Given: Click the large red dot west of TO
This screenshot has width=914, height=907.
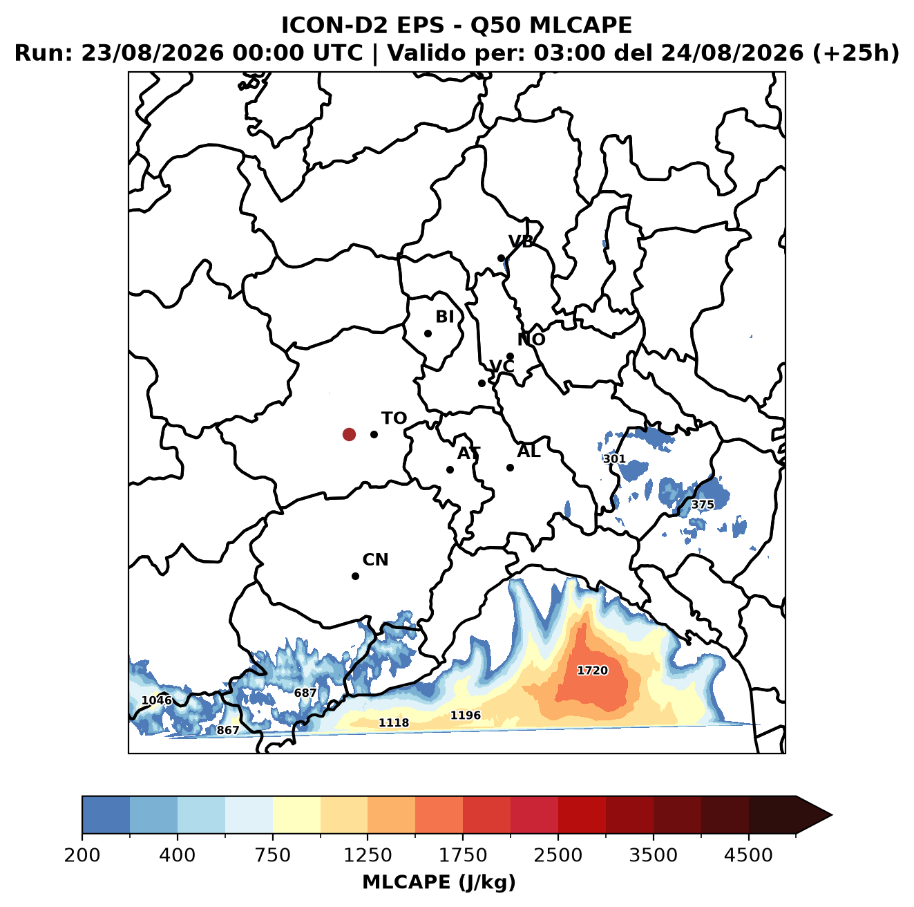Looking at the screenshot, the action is (x=349, y=434).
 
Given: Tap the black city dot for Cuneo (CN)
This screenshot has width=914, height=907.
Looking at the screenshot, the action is (x=355, y=576).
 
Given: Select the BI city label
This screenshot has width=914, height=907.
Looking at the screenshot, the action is (x=445, y=317).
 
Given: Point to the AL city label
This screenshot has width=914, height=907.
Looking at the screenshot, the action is (x=529, y=451).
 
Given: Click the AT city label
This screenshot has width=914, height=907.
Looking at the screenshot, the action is (x=468, y=453).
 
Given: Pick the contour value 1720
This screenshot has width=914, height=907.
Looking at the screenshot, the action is (x=593, y=670).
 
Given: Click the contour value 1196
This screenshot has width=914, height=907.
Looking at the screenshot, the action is (x=466, y=715).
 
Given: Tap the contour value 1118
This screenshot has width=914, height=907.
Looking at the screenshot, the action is (x=394, y=722).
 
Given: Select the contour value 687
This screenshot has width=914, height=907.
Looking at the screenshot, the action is (x=305, y=693).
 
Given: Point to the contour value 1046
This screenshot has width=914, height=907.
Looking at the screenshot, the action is (x=157, y=700).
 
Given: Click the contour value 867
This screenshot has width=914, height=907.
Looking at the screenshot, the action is (x=228, y=730).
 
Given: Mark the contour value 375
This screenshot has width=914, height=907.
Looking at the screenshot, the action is (x=703, y=505).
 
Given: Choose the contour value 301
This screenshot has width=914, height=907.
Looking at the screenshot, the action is (x=614, y=459).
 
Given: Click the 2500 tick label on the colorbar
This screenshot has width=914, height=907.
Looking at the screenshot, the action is (x=558, y=855).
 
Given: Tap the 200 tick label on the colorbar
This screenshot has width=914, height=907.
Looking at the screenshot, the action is (x=82, y=855).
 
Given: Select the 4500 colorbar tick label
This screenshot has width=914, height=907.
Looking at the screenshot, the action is (x=748, y=855).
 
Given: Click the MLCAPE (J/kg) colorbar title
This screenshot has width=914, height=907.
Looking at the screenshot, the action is (x=439, y=882).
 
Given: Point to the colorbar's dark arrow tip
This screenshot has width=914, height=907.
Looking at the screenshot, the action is (x=832, y=816).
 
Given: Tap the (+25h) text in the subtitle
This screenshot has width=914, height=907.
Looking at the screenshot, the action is (x=856, y=53).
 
